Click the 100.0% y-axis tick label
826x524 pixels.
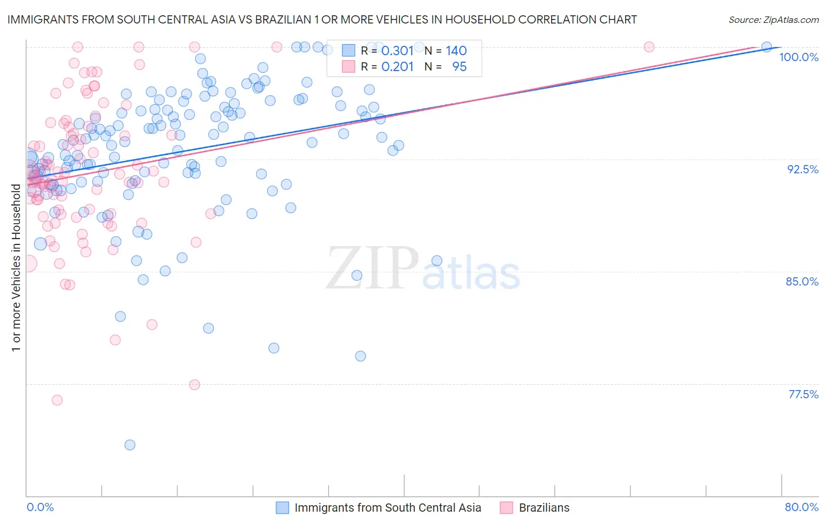(x=798, y=57)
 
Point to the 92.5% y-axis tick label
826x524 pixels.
(x=803, y=169)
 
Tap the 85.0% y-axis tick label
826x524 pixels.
(x=802, y=281)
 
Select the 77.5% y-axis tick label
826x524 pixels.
(x=803, y=394)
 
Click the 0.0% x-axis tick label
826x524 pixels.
(x=40, y=507)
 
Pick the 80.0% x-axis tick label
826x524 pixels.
(x=801, y=507)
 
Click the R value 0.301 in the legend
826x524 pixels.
(x=398, y=51)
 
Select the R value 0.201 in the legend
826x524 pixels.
(x=398, y=67)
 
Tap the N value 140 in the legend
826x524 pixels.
(x=456, y=51)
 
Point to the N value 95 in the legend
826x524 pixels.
(x=459, y=67)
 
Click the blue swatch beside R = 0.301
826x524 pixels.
(x=348, y=51)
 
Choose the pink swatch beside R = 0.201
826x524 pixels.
(x=348, y=66)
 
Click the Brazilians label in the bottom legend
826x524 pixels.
(x=544, y=508)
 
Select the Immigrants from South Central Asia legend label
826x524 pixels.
(x=388, y=508)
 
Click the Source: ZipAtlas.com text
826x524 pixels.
(x=773, y=20)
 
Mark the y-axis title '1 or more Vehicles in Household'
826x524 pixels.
(x=16, y=268)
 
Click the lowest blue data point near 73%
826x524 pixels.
(x=130, y=445)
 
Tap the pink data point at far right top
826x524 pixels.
(x=649, y=47)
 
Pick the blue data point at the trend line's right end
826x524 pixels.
(x=767, y=47)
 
